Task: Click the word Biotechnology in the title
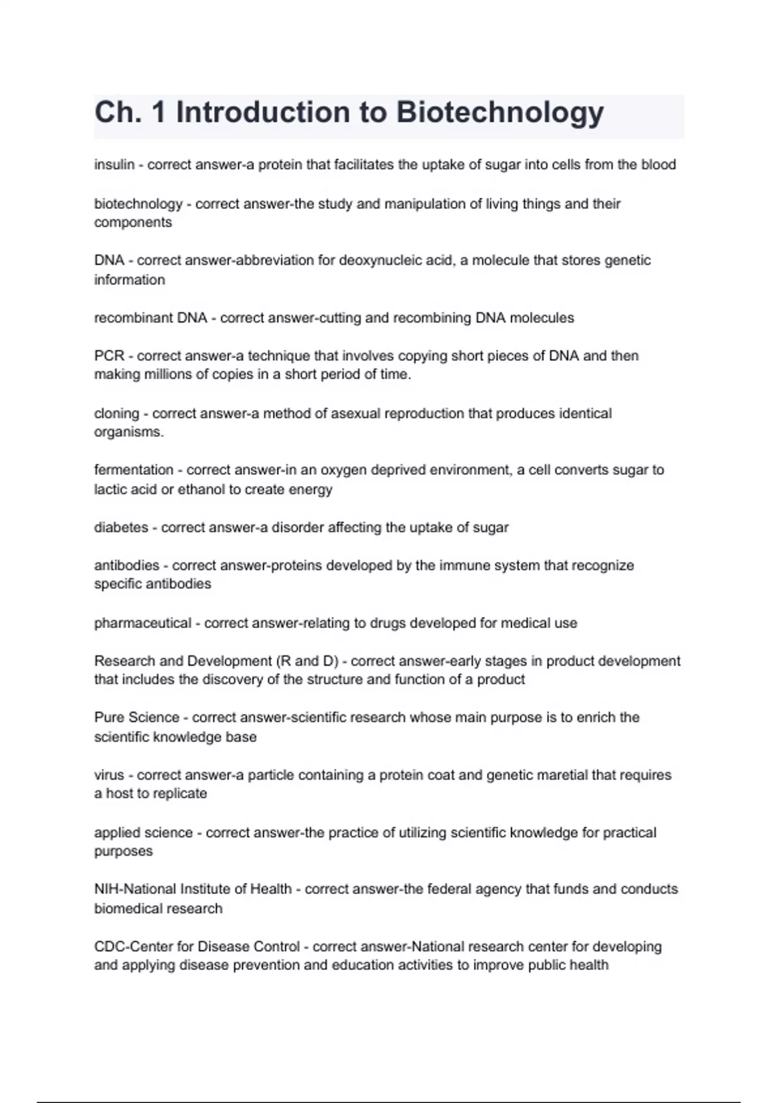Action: [x=500, y=113]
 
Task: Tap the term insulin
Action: [x=114, y=165]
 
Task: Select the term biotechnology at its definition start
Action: [x=138, y=204]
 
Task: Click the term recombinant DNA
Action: [x=150, y=318]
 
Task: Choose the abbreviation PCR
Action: [x=109, y=356]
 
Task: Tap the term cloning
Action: [x=117, y=413]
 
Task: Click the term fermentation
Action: [x=134, y=470]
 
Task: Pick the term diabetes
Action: [x=121, y=527]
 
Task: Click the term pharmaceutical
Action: [x=143, y=623]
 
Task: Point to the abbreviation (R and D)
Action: [x=307, y=661]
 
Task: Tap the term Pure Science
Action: [x=137, y=718]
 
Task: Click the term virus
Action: [x=109, y=775]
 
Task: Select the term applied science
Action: [x=143, y=832]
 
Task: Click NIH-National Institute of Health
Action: [x=193, y=889]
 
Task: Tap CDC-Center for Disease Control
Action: [x=197, y=947]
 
